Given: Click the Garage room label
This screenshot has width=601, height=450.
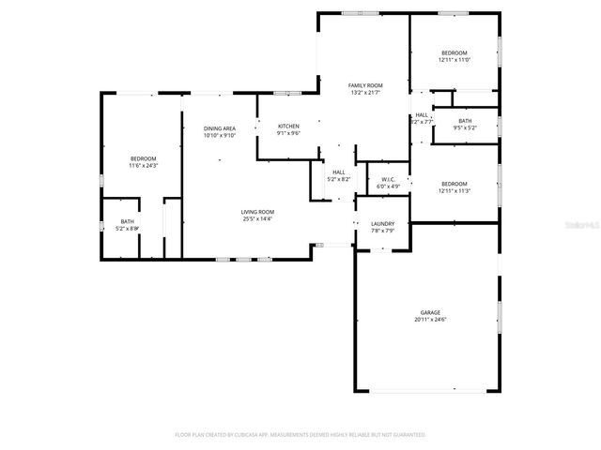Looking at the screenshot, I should [x=430, y=312].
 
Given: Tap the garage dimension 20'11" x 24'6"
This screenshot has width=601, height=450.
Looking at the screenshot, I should [x=430, y=320].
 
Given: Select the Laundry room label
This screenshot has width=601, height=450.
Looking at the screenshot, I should [x=382, y=223].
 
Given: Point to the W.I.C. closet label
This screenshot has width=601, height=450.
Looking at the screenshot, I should [x=389, y=179].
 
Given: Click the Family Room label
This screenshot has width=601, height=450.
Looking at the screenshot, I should [x=366, y=85].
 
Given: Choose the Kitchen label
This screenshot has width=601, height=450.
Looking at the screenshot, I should [x=288, y=126].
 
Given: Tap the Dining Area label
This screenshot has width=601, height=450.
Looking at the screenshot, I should [x=220, y=127].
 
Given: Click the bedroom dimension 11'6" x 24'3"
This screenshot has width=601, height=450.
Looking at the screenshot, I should [x=144, y=166].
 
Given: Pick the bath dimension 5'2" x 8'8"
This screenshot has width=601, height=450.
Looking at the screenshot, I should [x=127, y=228].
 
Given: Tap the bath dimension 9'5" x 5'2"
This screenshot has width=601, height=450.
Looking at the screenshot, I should [x=465, y=127].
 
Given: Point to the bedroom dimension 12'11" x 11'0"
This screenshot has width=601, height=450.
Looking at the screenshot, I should [x=454, y=60].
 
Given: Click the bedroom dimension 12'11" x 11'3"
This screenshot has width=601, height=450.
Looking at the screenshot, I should [x=454, y=190].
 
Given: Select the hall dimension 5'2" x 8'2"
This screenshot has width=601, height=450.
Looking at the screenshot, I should [x=338, y=179].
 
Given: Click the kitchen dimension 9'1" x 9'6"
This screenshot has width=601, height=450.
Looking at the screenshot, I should [x=288, y=133].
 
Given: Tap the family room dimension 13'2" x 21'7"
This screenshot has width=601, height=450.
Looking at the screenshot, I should [x=366, y=93].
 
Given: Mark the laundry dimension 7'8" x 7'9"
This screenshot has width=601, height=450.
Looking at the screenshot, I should [x=382, y=231].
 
